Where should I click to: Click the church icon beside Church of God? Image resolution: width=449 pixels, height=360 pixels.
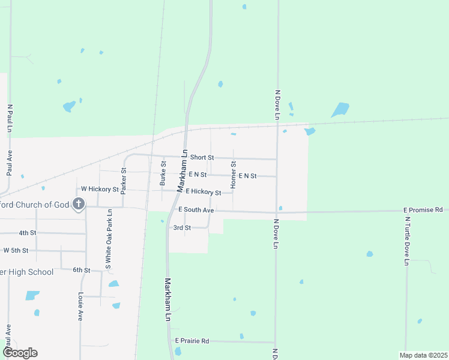click(x=78, y=205)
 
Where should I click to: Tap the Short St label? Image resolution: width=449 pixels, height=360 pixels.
click(x=202, y=157)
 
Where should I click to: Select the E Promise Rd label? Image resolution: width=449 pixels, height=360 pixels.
click(x=423, y=210)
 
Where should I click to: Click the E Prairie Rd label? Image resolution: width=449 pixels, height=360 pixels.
click(x=192, y=341)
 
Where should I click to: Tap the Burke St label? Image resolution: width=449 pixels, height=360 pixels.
click(x=163, y=173)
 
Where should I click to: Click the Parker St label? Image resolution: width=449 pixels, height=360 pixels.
click(x=124, y=181)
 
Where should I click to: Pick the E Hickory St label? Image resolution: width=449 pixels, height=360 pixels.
click(x=203, y=191)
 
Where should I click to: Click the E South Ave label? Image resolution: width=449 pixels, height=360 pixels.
click(x=196, y=210)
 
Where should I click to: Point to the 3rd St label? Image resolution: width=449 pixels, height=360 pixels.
click(x=182, y=228)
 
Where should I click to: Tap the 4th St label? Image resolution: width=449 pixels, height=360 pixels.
click(x=28, y=232)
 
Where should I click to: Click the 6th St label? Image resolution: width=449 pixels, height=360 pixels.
click(x=81, y=270)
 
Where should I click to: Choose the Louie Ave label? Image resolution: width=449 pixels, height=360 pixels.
click(x=80, y=307)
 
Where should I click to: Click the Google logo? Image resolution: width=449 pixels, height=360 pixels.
click(x=20, y=353)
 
